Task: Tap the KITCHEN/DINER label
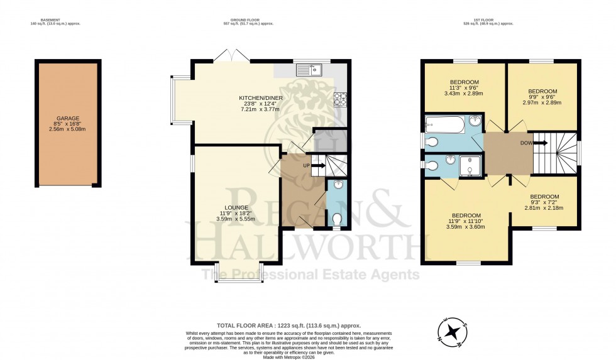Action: click(259, 99)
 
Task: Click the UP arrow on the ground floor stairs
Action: click(317, 166)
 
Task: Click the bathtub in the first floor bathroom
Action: click(445, 123)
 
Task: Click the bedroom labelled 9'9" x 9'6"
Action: click(542, 91)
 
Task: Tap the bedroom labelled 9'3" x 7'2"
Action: click(544, 196)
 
